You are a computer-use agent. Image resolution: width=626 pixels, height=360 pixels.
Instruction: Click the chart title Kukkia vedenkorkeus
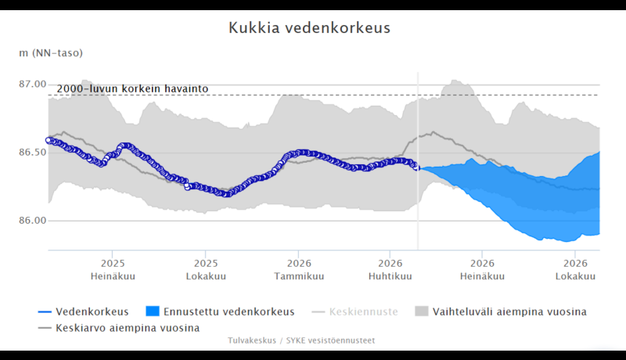point(309,27)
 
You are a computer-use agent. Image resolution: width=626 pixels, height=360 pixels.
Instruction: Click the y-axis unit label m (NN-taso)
point(51,53)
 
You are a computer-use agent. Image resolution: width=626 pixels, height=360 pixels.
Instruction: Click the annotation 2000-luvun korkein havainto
point(132,88)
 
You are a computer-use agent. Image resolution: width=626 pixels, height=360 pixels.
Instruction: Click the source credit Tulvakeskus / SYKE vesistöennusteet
point(301,340)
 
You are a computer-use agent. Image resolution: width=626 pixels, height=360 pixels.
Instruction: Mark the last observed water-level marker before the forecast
point(416,167)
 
